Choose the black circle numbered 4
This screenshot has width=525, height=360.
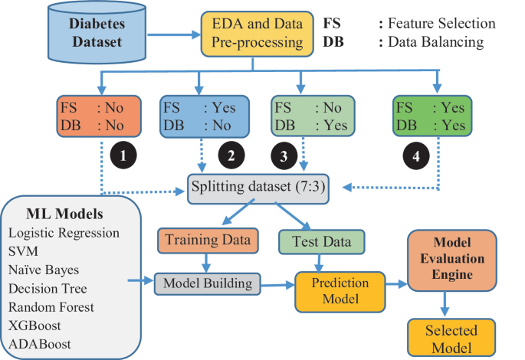(415, 157)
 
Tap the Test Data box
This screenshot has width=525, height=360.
(316, 241)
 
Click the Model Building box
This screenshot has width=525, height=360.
(206, 283)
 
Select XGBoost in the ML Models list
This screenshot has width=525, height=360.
(37, 325)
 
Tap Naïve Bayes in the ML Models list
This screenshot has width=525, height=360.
(44, 270)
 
